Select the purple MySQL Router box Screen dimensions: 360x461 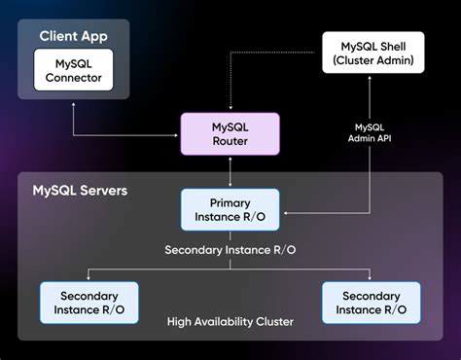coord(230,133)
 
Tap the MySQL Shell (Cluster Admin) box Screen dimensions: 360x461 coord(374,53)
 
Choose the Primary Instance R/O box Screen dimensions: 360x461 coord(230,208)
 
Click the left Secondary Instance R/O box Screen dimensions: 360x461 coord(89,303)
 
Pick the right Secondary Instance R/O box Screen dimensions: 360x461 coord(371,303)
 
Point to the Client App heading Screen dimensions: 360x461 coord(73,36)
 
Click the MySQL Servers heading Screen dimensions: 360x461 coord(80,190)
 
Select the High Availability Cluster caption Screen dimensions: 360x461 coord(230,321)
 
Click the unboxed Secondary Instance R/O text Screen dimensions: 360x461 coord(230,249)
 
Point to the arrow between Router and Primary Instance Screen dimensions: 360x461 coord(230,172)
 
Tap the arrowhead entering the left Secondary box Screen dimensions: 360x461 coord(89,279)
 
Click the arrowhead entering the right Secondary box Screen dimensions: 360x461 coord(371,279)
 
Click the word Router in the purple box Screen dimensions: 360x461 coord(230,142)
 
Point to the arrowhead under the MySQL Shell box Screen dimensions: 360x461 coord(374,81)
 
